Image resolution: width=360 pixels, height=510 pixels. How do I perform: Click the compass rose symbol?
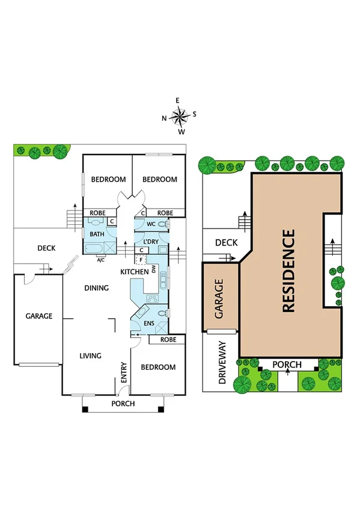pos(178,115)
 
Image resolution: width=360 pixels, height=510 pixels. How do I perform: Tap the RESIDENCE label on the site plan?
pos(288,271)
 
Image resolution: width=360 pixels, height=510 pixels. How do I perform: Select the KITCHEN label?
pos(134,272)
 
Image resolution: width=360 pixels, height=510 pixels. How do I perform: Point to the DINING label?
pos(96,288)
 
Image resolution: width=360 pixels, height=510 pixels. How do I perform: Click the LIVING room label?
pos(90,355)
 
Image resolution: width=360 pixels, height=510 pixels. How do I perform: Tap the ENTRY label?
pos(124,373)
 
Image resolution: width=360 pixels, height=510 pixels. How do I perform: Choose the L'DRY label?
pos(150,241)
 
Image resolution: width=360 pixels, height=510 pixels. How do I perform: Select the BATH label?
pos(96,234)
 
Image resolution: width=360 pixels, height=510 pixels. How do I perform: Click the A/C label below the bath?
pos(101,260)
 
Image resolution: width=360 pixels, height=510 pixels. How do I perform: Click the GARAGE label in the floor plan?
pos(38,316)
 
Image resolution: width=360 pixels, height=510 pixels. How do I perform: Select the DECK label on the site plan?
pos(227,243)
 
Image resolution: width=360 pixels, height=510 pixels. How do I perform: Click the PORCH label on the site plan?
pos(287,364)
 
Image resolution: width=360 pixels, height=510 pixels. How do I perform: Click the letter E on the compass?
pos(178,100)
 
